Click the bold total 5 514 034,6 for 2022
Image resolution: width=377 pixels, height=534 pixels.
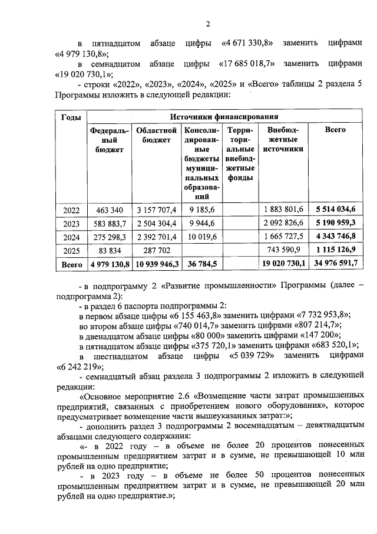click(339, 209)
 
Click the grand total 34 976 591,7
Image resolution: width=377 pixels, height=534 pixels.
click(339, 264)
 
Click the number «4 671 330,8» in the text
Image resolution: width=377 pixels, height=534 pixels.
click(247, 44)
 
